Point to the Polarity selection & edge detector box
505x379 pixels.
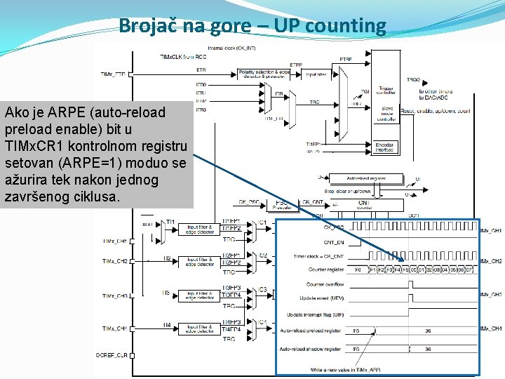(264, 73)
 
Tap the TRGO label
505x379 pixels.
(413, 80)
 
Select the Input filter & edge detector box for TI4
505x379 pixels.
(201, 328)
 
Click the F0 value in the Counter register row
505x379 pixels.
(358, 269)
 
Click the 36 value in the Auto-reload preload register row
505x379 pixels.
(428, 331)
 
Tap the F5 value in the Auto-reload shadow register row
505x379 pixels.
(357, 349)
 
